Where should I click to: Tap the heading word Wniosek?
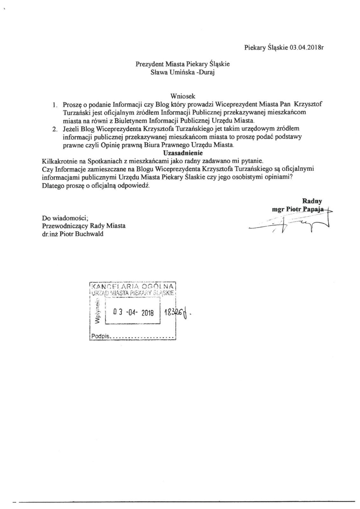click(183, 96)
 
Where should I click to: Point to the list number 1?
click(55, 104)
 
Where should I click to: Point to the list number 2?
click(55, 129)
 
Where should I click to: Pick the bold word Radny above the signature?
click(312, 201)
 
